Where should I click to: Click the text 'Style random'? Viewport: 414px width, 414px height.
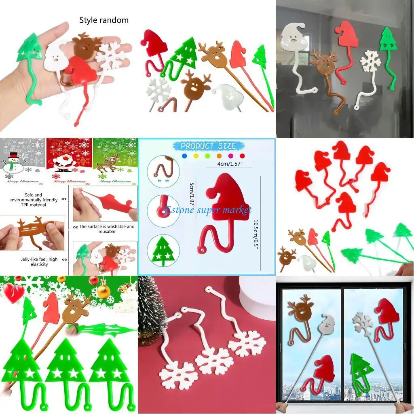coord(103,20)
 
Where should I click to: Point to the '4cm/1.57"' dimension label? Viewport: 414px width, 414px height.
coord(229,163)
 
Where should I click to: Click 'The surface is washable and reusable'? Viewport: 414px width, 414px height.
coord(107,229)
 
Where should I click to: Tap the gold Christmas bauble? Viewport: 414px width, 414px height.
coord(103,290)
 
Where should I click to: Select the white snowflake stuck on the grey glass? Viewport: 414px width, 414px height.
coord(370,61)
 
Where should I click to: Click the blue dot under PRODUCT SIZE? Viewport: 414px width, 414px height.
coord(185,155)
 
